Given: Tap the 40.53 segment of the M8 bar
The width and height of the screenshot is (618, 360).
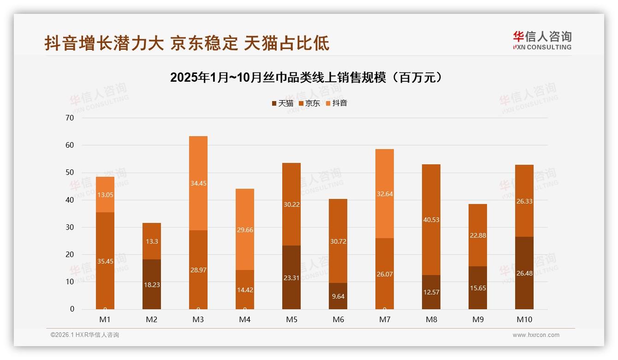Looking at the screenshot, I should point(431,220).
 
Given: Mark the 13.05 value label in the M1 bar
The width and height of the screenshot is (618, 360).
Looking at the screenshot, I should point(105,195).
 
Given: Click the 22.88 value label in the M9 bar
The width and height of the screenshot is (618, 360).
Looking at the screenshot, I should point(478,235).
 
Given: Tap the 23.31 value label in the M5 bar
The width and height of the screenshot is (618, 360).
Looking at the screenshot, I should point(291,278).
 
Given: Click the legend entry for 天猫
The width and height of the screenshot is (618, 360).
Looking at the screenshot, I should point(282,103).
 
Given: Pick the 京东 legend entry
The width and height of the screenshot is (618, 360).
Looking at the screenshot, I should point(309,103).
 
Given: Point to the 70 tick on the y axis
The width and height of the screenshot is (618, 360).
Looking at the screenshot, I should point(70,118).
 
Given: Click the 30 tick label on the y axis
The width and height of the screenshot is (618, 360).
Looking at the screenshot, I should point(70,227).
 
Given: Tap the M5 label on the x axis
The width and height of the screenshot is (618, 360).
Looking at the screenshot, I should point(291,319).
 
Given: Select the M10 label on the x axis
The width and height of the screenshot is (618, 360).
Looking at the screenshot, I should point(524,319).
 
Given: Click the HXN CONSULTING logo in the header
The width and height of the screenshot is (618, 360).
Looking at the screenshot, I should point(542,41).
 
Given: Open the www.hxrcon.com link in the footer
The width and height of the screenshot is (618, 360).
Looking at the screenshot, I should point(536,335).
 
